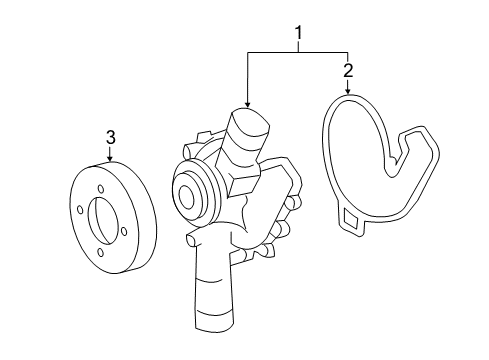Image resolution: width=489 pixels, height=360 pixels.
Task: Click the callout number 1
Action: click(299, 33)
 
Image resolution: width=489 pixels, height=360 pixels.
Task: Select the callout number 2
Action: click(348, 71)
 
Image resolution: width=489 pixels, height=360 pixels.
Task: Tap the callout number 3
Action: click(111, 137)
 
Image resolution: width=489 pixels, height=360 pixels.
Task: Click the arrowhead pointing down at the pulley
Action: click(110, 159)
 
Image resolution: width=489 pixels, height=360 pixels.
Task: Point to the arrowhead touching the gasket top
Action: click(348, 91)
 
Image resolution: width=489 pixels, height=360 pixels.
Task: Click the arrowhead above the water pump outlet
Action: click(247, 104)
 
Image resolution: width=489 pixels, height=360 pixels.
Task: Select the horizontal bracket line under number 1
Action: click(298, 52)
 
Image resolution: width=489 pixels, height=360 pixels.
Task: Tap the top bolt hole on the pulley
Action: click(101, 189)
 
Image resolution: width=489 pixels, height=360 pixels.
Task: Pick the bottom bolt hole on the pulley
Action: click(101, 253)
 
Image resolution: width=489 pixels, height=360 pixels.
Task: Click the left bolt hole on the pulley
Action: click(80, 210)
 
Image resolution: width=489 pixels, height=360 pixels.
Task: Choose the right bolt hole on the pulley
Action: click(124, 231)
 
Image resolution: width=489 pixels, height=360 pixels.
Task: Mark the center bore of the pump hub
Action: click(186, 197)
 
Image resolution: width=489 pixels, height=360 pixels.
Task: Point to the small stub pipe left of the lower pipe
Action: click(192, 240)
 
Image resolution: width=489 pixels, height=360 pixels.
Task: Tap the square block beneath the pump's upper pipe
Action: click(243, 184)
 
